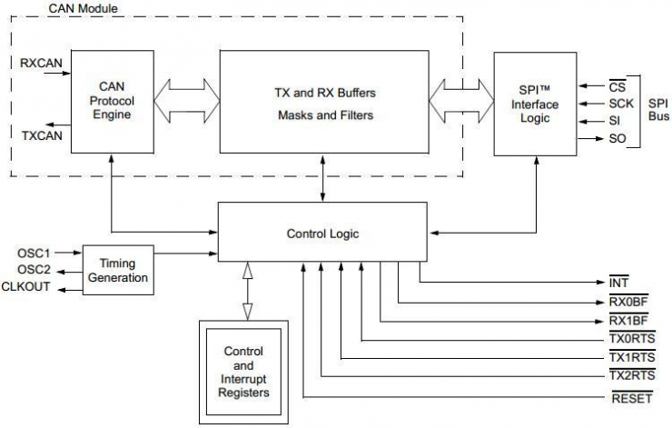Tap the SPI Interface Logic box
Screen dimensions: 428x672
pyautogui.click(x=534, y=104)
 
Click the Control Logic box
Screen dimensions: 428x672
pyautogui.click(x=322, y=234)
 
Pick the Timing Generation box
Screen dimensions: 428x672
pyautogui.click(x=117, y=269)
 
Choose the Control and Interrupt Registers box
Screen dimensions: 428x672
pyautogui.click(x=244, y=371)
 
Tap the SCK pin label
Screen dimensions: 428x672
pyautogui.click(x=622, y=105)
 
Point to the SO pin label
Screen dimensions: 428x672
pyautogui.click(x=618, y=138)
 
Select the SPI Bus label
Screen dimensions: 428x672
pyautogui.click(x=657, y=111)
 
